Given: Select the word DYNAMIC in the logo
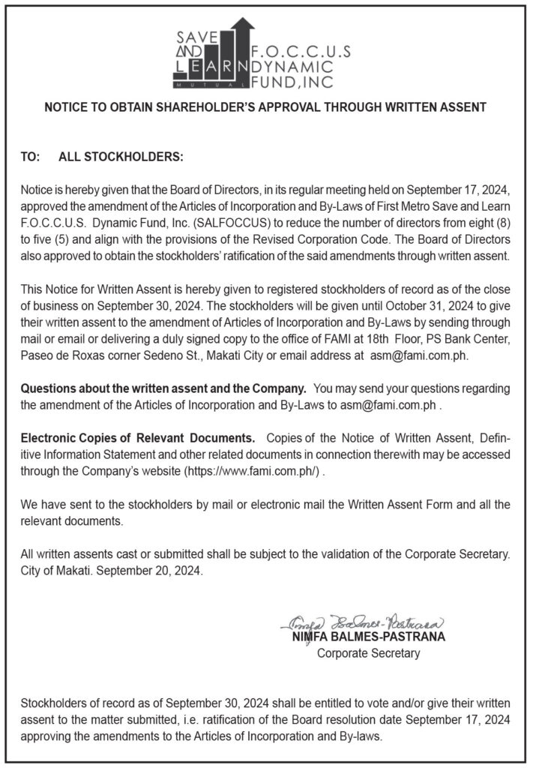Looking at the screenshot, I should click(305, 66).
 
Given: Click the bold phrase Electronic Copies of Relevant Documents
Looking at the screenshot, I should click(138, 437).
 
